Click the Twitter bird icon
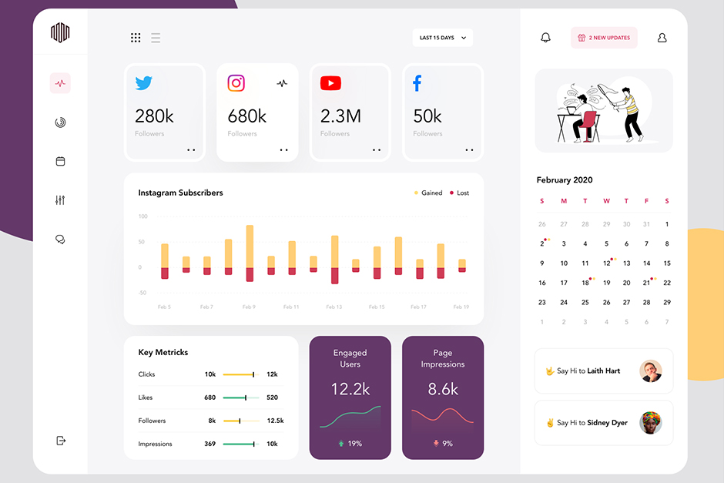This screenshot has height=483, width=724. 144,83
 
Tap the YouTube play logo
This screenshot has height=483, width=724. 330,83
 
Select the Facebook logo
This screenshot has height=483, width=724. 417,83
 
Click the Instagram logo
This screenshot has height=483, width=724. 236,83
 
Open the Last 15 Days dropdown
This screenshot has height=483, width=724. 442,38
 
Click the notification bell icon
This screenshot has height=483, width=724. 546,38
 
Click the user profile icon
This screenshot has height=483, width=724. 662,38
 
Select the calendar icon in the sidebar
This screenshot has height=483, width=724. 60,161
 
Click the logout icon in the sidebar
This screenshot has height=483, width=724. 61,441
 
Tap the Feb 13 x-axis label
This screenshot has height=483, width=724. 334,307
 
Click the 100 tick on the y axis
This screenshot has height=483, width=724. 142,216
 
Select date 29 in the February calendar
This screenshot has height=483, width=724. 666,303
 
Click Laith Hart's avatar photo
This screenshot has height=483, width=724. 651,371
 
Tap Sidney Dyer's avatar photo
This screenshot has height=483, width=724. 651,423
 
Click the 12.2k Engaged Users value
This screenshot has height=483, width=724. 350,389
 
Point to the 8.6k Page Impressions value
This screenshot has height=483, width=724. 443,389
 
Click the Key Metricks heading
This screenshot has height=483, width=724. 163,352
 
